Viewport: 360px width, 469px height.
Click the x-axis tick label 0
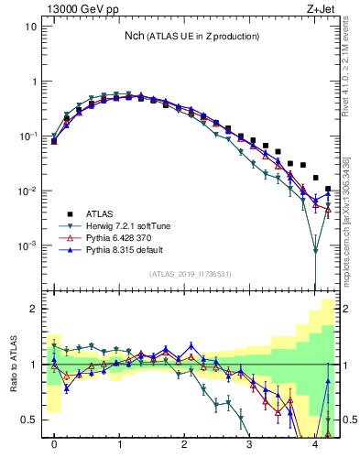pyautogui.click(x=54, y=449)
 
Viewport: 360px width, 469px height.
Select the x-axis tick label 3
pyautogui.click(x=250, y=449)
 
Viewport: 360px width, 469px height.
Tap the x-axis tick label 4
pyautogui.click(x=315, y=449)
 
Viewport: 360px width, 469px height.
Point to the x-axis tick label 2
pyautogui.click(x=185, y=449)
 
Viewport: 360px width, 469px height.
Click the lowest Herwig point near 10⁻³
pyautogui.click(x=315, y=250)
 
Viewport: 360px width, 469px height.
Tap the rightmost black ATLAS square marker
pyautogui.click(x=328, y=190)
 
